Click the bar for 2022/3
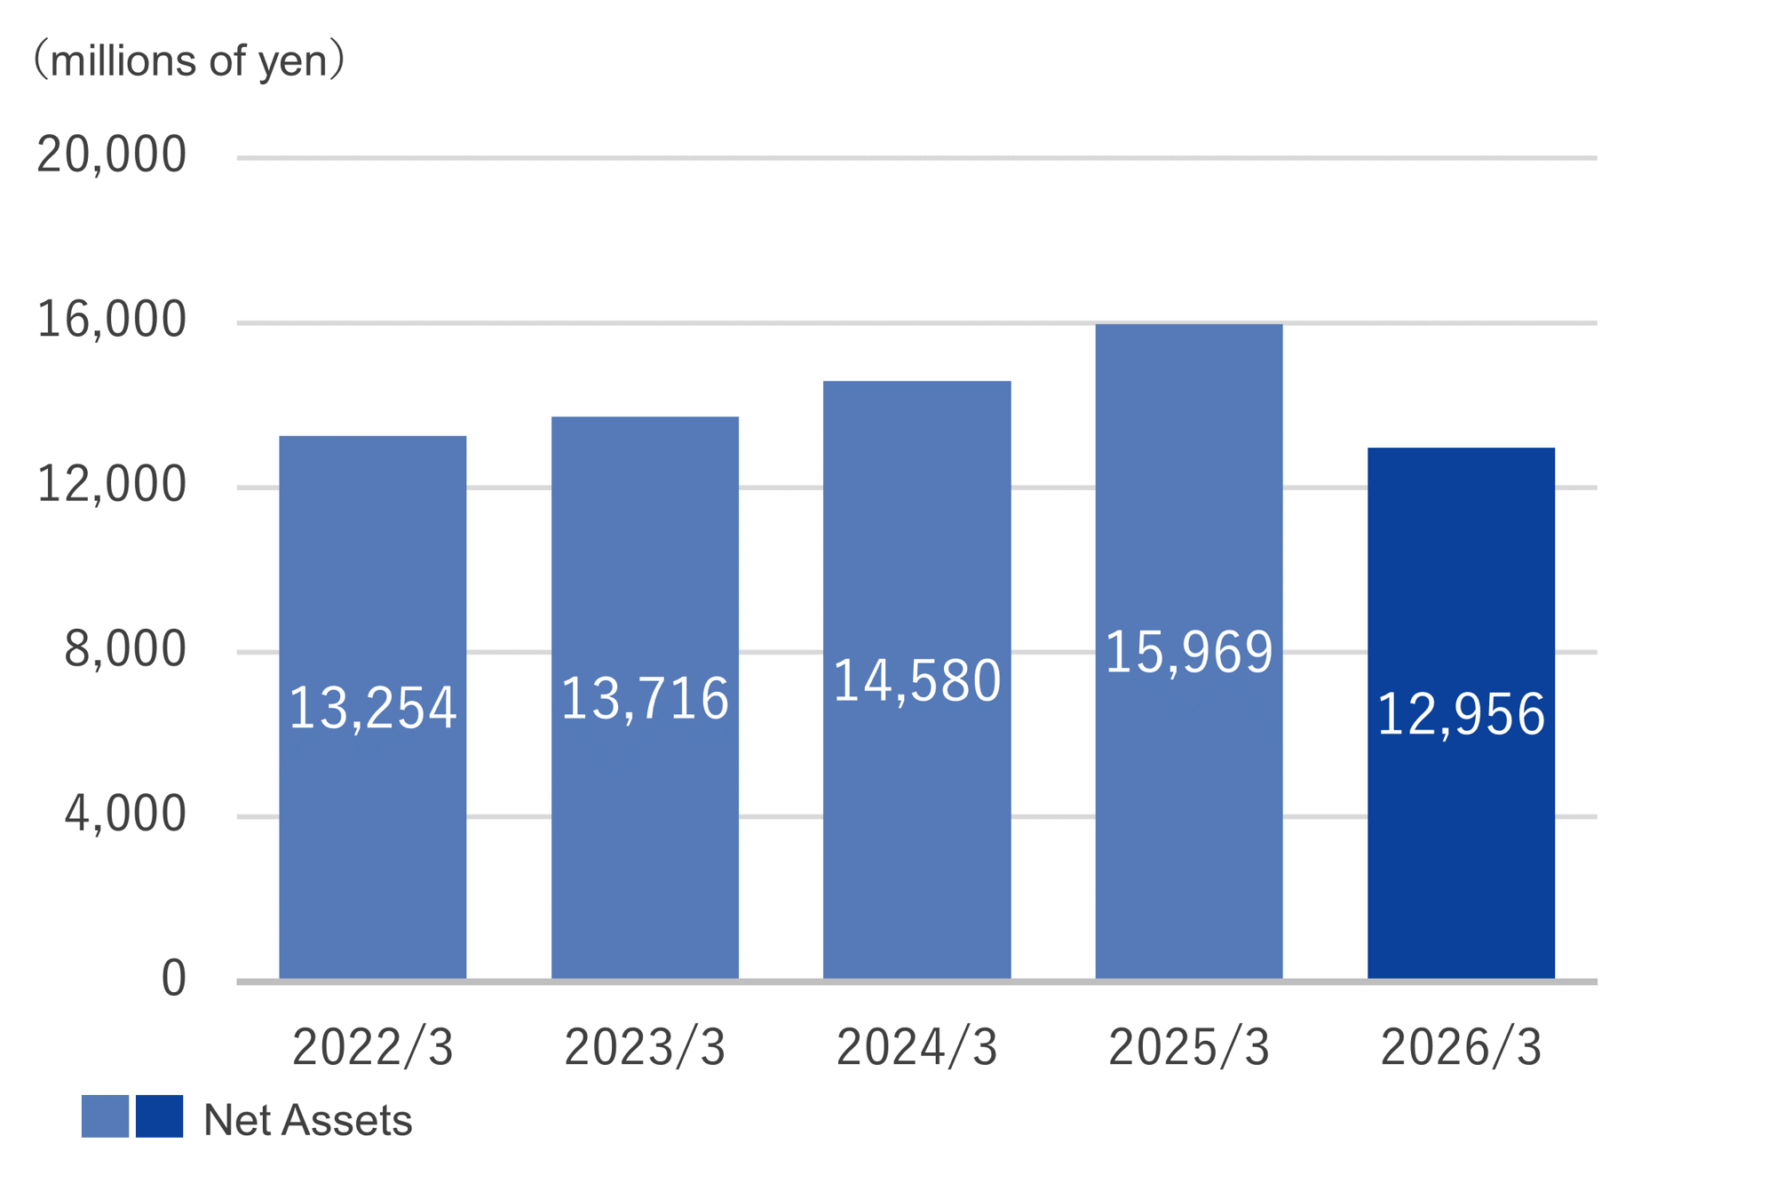(373, 707)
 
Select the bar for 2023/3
(645, 698)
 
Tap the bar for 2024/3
(917, 680)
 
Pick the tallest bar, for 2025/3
(1189, 651)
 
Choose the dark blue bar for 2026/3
(1461, 713)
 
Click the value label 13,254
(373, 709)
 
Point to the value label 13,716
(645, 698)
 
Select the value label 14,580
(917, 681)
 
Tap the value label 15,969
(1189, 652)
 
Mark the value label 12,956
(1461, 714)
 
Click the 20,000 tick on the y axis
(112, 155)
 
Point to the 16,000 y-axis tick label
(112, 321)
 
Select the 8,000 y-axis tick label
(125, 650)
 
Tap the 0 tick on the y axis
(174, 979)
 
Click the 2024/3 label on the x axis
(917, 1047)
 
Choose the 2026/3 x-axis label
(1461, 1047)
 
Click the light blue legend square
(105, 1116)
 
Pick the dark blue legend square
(160, 1116)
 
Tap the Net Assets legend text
(308, 1120)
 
